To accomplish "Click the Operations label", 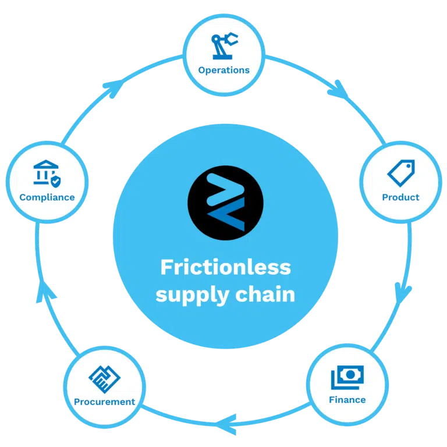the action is (x=223, y=70).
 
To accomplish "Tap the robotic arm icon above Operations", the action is (x=224, y=46).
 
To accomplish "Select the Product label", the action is (x=400, y=197).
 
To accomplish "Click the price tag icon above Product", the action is (x=401, y=173).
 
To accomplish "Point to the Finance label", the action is (x=347, y=400).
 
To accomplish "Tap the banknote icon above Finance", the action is (x=347, y=377).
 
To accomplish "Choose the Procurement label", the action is (x=104, y=402).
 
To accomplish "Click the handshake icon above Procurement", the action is (x=104, y=379).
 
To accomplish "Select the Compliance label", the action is (x=47, y=197).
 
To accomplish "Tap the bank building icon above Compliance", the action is (x=46, y=172).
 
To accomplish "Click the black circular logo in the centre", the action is (x=225, y=203).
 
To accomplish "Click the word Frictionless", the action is (x=225, y=267).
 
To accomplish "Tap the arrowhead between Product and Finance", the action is (x=402, y=293).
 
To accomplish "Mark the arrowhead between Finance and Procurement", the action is (x=226, y=424).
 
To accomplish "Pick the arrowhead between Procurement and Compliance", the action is (x=45, y=292).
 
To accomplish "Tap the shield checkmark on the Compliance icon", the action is (x=56, y=182).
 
